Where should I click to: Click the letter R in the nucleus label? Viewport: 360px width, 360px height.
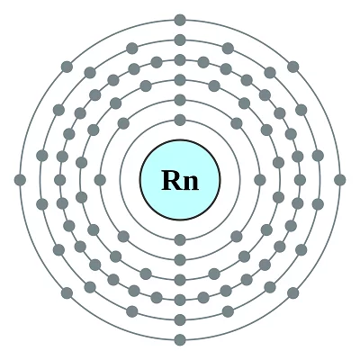171,180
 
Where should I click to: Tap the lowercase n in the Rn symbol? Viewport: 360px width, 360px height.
190,183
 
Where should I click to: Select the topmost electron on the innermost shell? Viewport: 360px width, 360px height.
180,120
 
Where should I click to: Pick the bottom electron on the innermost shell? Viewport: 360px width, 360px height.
180,240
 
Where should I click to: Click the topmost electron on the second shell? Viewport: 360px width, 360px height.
180,100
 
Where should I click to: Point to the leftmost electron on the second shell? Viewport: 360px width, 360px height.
100,180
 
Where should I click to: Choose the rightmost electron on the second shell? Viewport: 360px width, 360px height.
260,180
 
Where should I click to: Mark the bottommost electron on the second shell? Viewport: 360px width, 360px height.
180,260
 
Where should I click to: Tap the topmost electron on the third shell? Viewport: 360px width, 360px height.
180,80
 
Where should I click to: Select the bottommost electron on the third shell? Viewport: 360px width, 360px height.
180,280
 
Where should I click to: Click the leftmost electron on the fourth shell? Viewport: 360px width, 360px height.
60,180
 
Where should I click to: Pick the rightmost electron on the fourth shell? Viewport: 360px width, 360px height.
300,180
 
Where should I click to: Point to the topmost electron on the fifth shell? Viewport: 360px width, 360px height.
180,40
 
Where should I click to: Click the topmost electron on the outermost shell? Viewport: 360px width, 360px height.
180,20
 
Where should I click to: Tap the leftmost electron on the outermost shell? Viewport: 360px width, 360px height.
20,180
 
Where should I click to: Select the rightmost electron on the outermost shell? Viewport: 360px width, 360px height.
340,180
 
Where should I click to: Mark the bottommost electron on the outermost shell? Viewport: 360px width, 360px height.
180,340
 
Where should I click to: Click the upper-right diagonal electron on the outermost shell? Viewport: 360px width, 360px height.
293,67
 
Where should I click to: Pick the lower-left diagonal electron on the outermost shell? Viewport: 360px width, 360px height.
67,293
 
